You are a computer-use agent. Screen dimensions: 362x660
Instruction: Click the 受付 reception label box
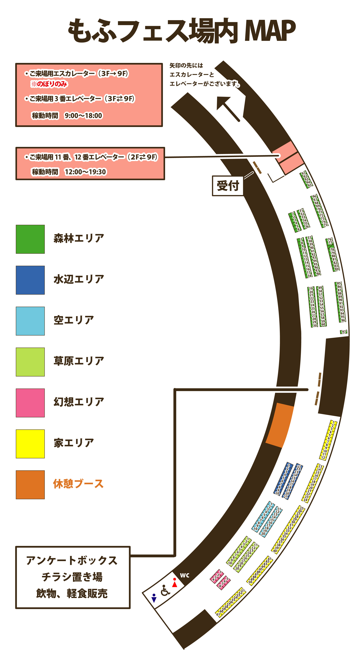click(x=228, y=186)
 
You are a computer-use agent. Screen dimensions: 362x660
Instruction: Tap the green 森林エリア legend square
click(x=30, y=239)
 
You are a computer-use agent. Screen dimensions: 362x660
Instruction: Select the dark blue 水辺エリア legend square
click(x=30, y=280)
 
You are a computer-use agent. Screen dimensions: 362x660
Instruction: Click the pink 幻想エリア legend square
click(x=30, y=403)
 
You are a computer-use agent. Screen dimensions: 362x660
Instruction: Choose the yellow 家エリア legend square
click(x=30, y=444)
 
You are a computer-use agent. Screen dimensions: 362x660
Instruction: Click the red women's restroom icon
click(x=175, y=582)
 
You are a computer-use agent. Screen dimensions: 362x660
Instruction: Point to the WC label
click(x=185, y=575)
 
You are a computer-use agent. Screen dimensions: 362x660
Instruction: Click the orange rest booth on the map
click(x=279, y=425)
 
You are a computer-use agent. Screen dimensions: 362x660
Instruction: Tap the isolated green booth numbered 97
click(x=344, y=332)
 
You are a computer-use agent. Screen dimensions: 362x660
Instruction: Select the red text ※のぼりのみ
click(x=49, y=84)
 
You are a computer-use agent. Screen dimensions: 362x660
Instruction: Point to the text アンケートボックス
click(x=72, y=561)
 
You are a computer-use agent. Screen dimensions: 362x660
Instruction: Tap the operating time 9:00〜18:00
click(x=83, y=116)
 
